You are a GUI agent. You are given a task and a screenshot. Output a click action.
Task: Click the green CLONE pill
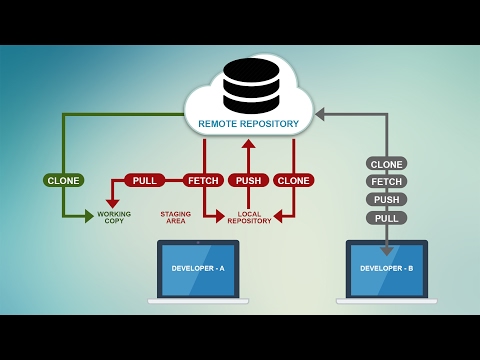[63, 180]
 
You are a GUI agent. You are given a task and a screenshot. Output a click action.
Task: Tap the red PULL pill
[145, 180]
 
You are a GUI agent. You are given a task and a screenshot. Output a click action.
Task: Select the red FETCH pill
[203, 180]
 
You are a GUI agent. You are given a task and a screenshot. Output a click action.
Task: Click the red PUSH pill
[248, 180]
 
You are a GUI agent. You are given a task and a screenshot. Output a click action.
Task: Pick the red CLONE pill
[293, 180]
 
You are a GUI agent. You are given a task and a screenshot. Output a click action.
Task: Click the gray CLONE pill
[386, 164]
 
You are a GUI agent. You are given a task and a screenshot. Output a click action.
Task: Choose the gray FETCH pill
[386, 182]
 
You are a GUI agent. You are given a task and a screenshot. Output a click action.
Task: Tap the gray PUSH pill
[386, 200]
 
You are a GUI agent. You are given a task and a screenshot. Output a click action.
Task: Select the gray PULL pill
[386, 218]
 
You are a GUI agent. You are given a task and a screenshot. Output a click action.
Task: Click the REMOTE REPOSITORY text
[248, 124]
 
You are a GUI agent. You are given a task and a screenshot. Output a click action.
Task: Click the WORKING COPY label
[114, 217]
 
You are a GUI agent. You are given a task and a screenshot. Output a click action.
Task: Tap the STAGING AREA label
[175, 217]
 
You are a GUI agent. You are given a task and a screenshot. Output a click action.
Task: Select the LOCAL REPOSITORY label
[249, 217]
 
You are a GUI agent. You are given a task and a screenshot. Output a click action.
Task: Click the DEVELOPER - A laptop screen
[198, 269]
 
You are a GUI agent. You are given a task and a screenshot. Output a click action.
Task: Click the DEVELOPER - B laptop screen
[386, 269]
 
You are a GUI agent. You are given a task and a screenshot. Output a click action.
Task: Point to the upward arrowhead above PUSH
[248, 144]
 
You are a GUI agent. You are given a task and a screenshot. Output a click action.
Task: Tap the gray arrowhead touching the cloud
[320, 114]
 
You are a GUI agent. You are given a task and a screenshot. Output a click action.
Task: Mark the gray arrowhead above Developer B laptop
[386, 250]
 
